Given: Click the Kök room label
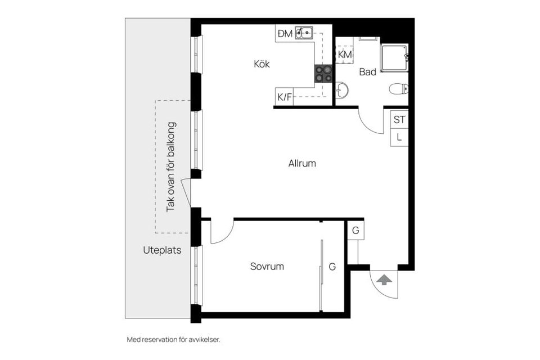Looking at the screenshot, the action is (262, 64).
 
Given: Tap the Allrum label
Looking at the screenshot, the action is (302, 163).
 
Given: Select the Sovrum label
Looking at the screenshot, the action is (267, 266).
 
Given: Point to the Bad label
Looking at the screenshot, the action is (367, 72).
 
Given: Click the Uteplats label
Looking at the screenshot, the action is (162, 250).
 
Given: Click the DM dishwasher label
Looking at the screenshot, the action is (285, 33).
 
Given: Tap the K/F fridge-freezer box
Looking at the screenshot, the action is (284, 97).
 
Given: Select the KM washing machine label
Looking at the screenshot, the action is (345, 55).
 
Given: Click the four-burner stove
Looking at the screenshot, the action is (323, 74).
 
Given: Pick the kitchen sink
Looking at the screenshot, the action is (303, 33).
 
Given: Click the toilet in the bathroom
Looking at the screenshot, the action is (399, 89).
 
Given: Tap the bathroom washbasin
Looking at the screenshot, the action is (341, 90).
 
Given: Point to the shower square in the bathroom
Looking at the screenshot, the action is (394, 58).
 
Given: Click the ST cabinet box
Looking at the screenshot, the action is (399, 119).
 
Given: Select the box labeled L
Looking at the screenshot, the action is (399, 137).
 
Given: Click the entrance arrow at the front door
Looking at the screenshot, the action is (384, 280).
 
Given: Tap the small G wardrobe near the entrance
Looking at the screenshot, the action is (355, 230).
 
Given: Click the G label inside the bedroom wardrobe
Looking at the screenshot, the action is (332, 267).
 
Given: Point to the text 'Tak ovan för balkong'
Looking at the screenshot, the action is (171, 166).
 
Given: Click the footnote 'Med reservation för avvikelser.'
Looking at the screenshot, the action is (174, 340).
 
